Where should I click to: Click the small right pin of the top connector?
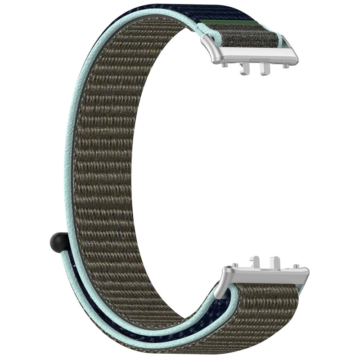[x=285, y=66]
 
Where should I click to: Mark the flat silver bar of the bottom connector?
[x=270, y=275]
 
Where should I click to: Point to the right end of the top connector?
[x=294, y=56]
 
